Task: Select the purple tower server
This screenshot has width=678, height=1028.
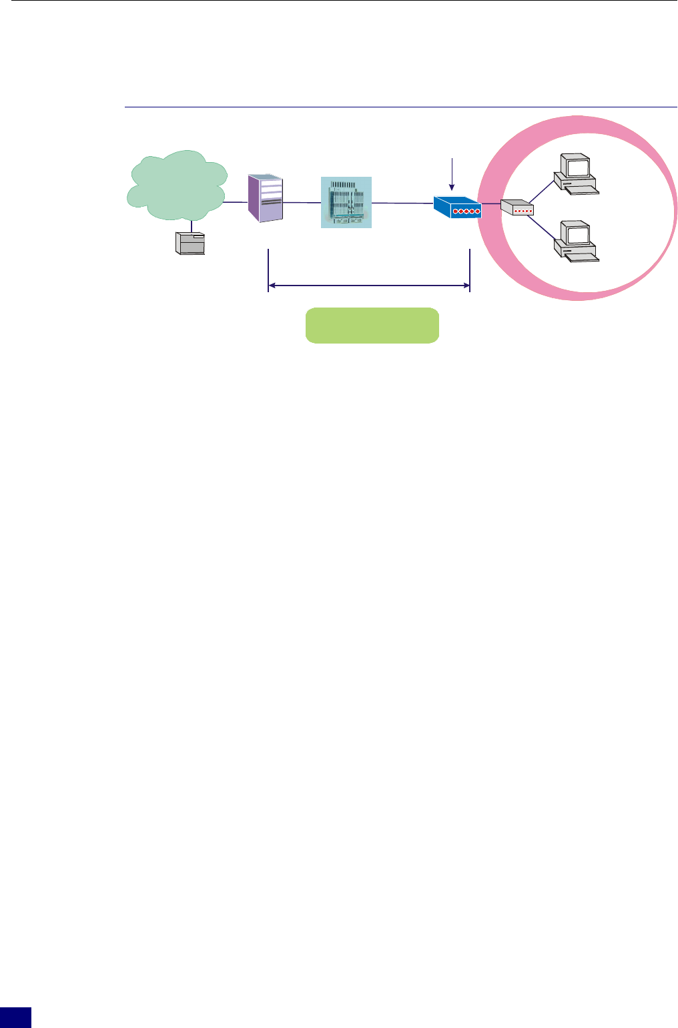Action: (266, 198)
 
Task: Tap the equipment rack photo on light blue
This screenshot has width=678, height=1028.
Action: (346, 202)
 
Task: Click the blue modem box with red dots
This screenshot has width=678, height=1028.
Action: (457, 208)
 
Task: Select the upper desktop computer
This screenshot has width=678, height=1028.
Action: (575, 175)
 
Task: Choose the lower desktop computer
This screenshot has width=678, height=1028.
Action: (575, 241)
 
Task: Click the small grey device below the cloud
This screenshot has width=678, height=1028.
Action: (190, 243)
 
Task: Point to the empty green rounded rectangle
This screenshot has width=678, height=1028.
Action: (372, 326)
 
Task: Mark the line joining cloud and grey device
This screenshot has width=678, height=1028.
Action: (192, 225)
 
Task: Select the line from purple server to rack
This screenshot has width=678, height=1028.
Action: (302, 202)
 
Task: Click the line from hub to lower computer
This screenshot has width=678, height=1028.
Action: (543, 227)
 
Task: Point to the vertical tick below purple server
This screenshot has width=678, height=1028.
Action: (268, 267)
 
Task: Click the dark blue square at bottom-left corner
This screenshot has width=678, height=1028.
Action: (15, 1018)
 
